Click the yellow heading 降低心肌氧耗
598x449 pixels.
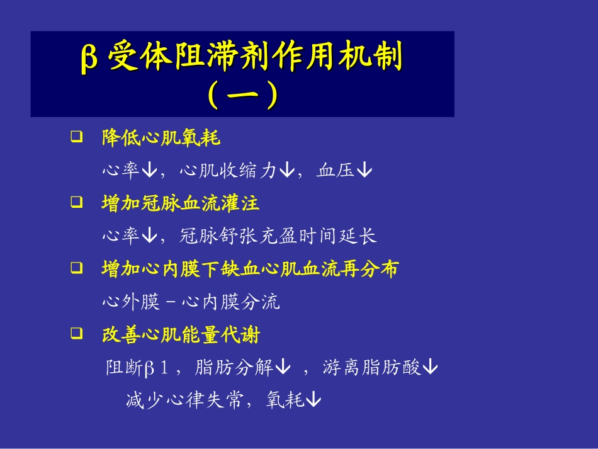(161, 138)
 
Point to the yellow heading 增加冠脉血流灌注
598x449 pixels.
(180, 203)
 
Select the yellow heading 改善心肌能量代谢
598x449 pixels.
(180, 334)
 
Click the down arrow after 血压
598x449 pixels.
(365, 171)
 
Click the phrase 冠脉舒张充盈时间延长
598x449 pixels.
(278, 236)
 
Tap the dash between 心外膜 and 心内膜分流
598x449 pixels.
(170, 302)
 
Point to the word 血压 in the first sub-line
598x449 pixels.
(337, 171)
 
